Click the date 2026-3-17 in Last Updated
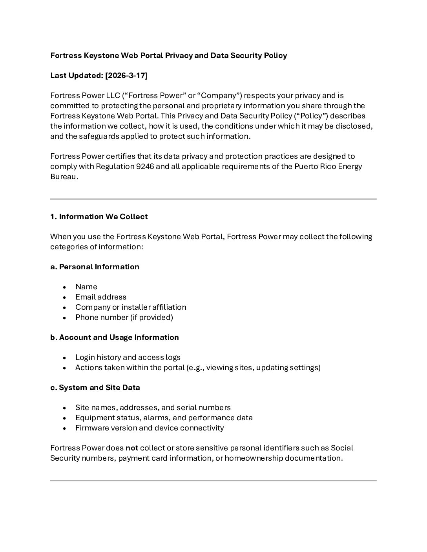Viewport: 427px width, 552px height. coord(126,76)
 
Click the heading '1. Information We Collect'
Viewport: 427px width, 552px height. coord(99,217)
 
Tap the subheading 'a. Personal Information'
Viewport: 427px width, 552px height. coord(95,267)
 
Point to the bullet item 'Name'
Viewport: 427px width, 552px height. coord(86,287)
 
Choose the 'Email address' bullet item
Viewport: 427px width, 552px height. coord(101,297)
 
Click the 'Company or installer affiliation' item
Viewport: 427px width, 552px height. coord(131,307)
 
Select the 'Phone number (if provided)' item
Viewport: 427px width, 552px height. coord(124,318)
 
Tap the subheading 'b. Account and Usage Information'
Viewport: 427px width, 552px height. coord(114,338)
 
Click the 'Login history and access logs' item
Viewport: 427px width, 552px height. coord(128,358)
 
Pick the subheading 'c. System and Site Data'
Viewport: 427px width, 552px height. coord(95,388)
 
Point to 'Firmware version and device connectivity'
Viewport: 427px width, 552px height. coord(150,428)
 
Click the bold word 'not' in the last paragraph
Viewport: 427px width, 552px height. coord(132,448)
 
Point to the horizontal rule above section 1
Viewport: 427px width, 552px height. coord(213,199)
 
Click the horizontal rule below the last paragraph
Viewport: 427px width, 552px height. coord(213,480)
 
